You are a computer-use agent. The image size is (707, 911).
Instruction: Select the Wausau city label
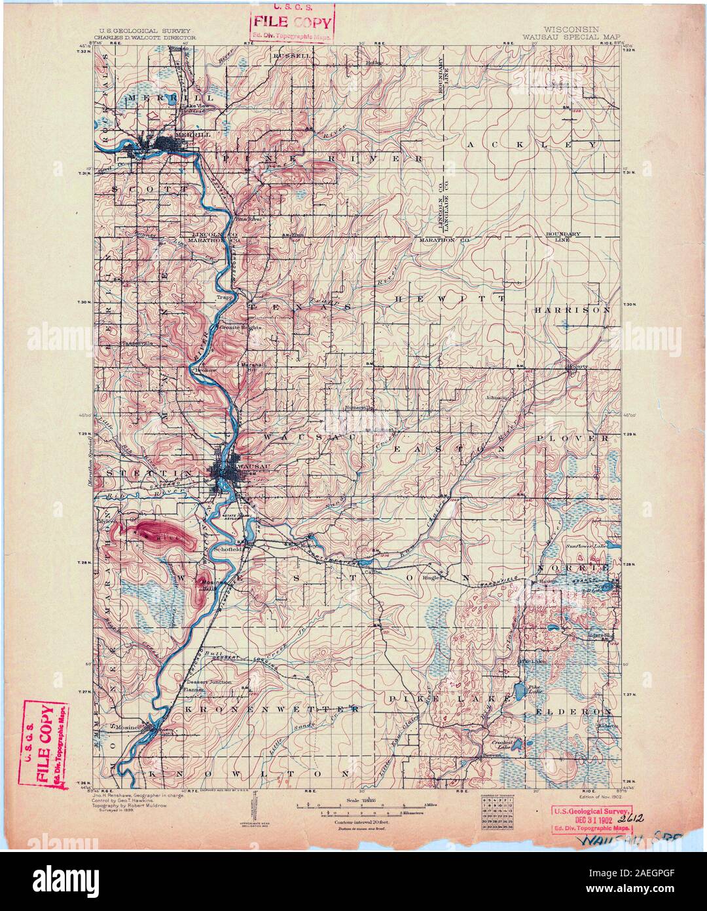[x=245, y=464]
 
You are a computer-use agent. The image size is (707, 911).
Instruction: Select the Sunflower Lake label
[x=587, y=545]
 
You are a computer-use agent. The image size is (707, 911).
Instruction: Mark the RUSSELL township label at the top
[x=292, y=56]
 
